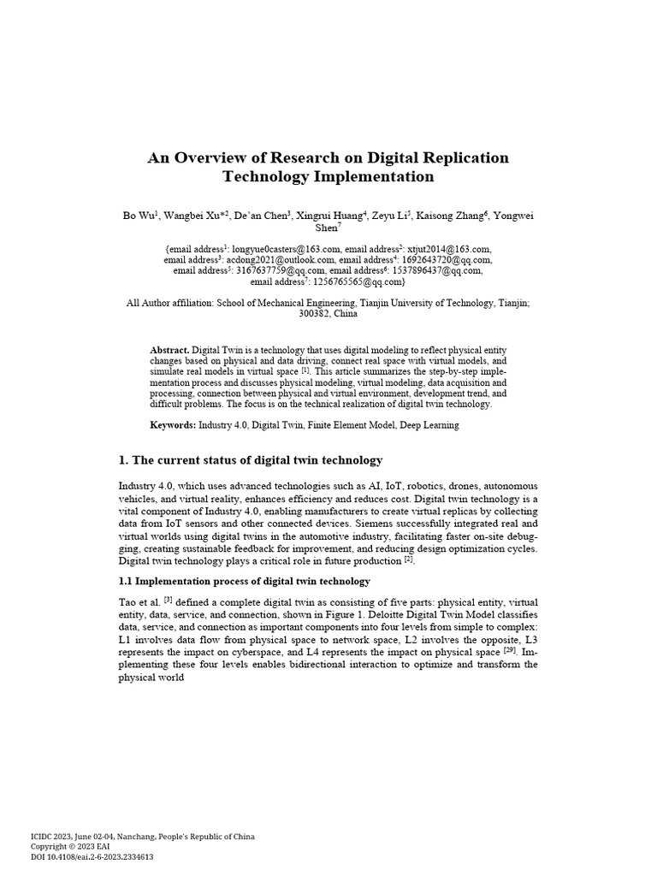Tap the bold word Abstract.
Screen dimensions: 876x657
click(x=169, y=352)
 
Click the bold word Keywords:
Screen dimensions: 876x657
click(x=173, y=425)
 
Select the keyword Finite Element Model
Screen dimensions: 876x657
click(x=330, y=425)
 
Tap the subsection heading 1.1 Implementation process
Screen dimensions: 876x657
click(x=244, y=582)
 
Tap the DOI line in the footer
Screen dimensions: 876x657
click(x=92, y=856)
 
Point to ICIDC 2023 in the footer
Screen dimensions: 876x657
click(x=53, y=837)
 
